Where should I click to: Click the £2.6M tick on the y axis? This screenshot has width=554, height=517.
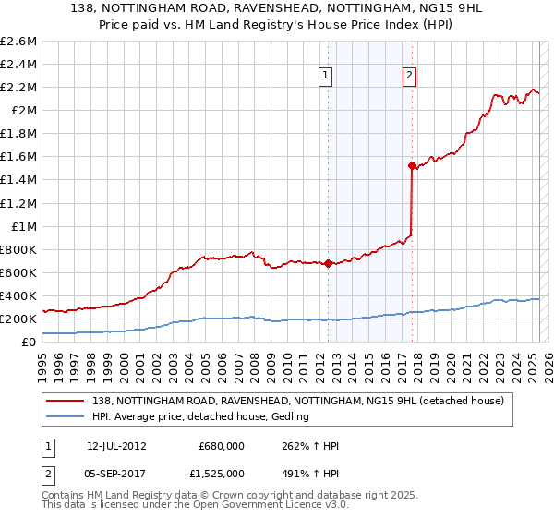pyautogui.click(x=20, y=42)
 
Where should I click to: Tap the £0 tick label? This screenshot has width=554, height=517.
pyautogui.click(x=30, y=342)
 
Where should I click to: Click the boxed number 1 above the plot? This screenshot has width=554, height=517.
pyautogui.click(x=327, y=77)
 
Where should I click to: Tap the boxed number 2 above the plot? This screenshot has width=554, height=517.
pyautogui.click(x=409, y=77)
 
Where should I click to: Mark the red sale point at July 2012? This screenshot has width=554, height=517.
pyautogui.click(x=328, y=263)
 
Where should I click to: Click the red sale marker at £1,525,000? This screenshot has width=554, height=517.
pyautogui.click(x=412, y=165)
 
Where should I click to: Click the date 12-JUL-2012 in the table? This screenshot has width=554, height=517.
pyautogui.click(x=117, y=446)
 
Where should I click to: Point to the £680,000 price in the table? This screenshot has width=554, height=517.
pyautogui.click(x=221, y=446)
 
